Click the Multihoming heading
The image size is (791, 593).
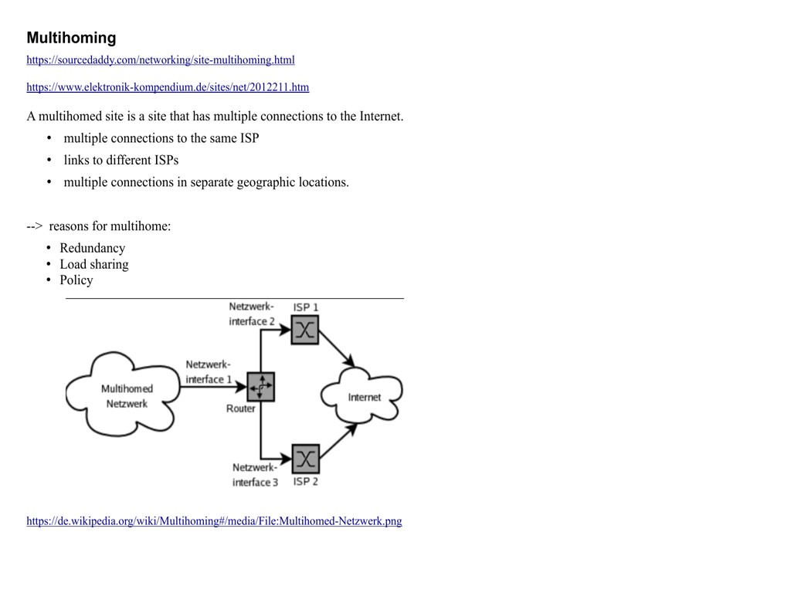coord(71,38)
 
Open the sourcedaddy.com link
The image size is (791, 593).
coord(160,60)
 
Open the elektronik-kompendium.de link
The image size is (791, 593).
coord(168,87)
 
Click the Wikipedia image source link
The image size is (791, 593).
coord(214,521)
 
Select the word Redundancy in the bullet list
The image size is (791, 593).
coord(92,248)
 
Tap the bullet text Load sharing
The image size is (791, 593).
coord(94,264)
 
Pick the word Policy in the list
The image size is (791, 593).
coord(76,280)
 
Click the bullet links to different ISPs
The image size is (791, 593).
coord(121,161)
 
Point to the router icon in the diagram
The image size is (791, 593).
coord(260,386)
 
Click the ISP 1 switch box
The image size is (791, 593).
coord(305,330)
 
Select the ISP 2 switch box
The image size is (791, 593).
coord(305,459)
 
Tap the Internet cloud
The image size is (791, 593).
coord(363,397)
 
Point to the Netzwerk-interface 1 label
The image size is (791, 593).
coord(208,371)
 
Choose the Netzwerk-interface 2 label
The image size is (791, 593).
coord(251,314)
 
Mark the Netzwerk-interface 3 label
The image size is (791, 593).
coord(255,475)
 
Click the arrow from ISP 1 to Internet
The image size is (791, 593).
coord(337,349)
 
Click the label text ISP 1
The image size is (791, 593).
coord(305,307)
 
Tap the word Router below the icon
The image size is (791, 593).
coord(240,408)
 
